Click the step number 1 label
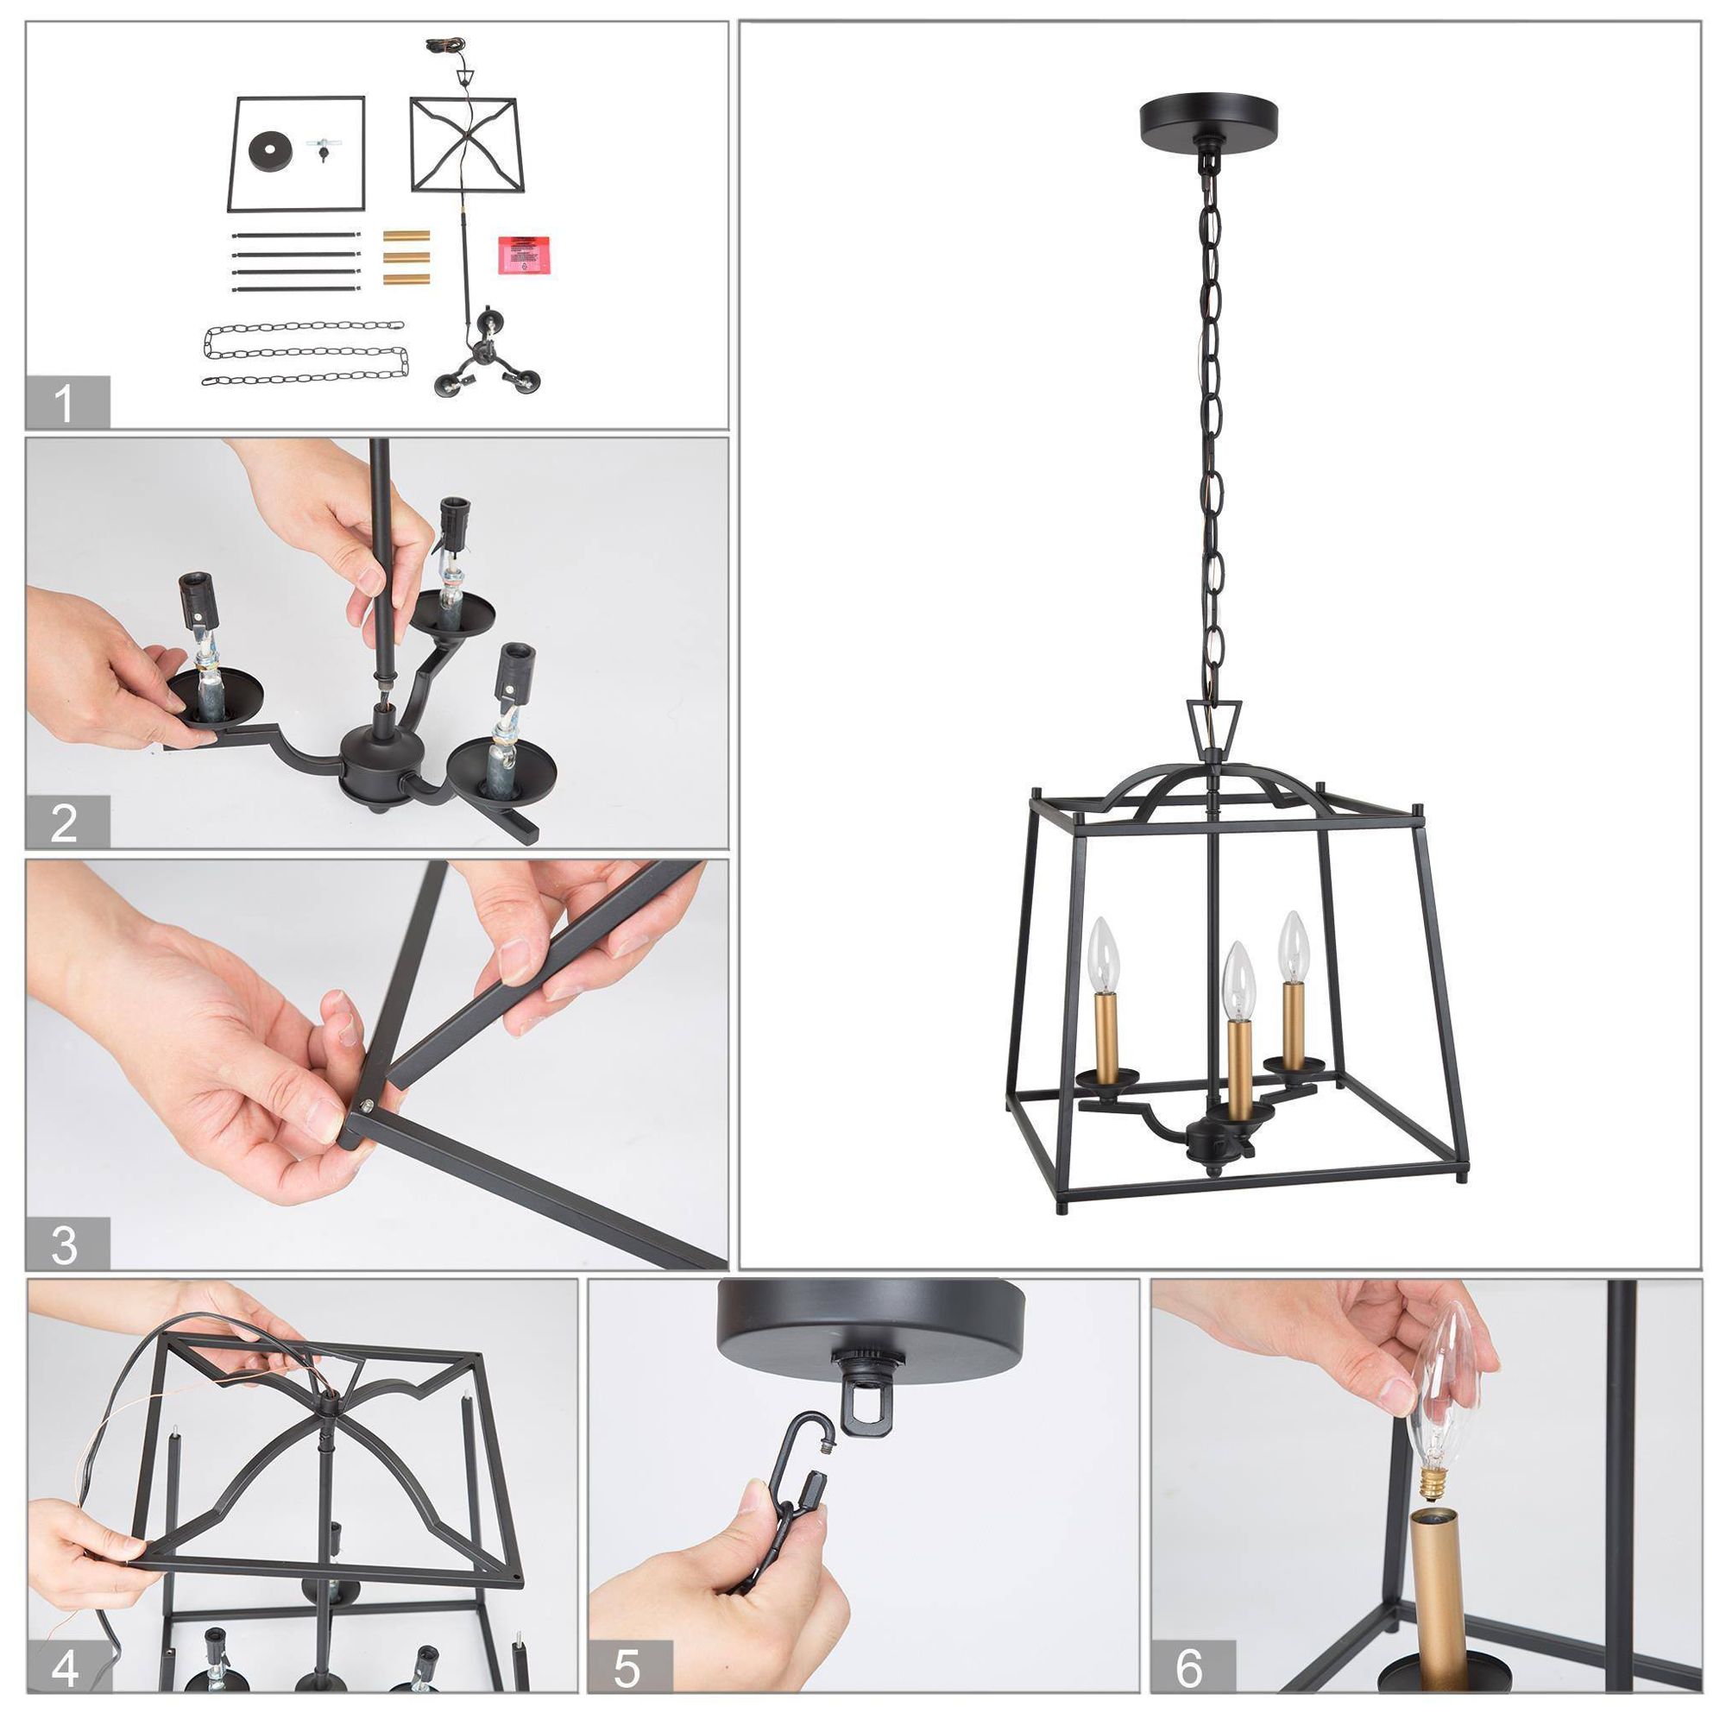coord(66,403)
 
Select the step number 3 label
coord(66,1243)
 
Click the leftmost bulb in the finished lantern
coord(1107,954)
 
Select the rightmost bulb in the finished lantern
coord(1293,945)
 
